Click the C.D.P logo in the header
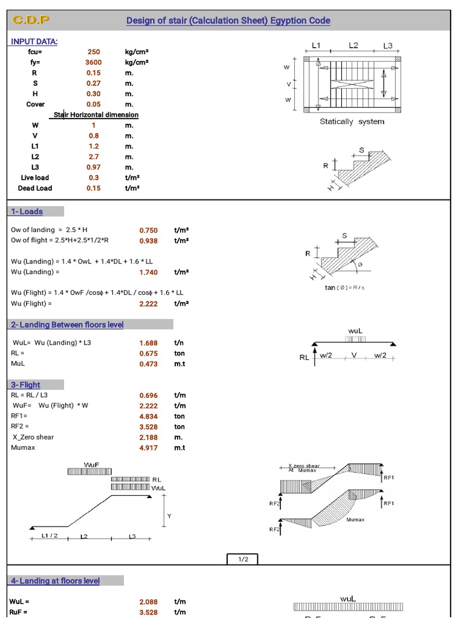click(31, 21)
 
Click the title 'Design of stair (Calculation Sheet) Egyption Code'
click(228, 21)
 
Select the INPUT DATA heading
click(34, 41)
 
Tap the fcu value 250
click(94, 52)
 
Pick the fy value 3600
click(94, 62)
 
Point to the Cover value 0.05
click(94, 104)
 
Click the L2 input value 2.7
click(94, 157)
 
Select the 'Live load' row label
click(35, 178)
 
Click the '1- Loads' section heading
click(27, 212)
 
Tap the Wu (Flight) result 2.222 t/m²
click(148, 303)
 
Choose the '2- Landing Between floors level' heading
click(67, 325)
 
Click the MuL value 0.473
click(148, 364)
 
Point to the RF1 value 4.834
click(148, 416)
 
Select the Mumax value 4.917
click(148, 448)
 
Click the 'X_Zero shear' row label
click(32, 437)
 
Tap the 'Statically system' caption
click(352, 122)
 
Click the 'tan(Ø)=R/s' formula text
click(344, 287)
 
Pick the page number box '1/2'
click(243, 559)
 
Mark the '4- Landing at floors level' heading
click(54, 581)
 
